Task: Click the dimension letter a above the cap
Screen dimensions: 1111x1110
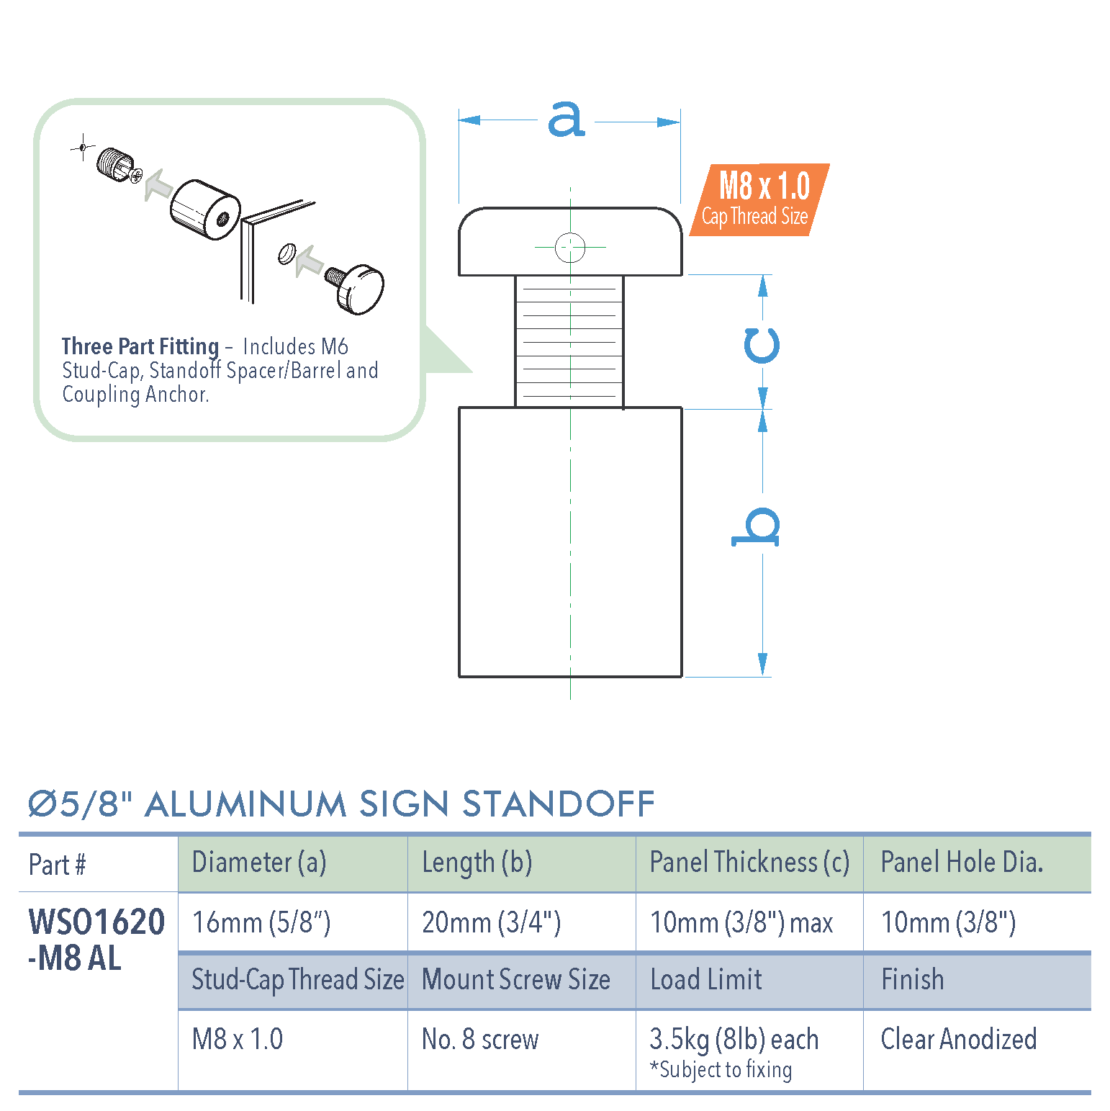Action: point(567,119)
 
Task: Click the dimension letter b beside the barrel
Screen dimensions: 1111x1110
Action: point(757,526)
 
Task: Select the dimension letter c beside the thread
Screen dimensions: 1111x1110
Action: point(762,345)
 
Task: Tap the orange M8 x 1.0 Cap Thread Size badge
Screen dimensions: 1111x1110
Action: point(759,199)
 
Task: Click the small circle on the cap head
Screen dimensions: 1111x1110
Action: point(570,248)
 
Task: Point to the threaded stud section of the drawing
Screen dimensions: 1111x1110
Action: point(569,341)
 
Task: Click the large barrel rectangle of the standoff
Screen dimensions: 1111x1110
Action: point(570,541)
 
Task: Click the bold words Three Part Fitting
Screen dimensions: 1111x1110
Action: point(140,346)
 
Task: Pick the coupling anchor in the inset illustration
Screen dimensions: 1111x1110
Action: point(114,164)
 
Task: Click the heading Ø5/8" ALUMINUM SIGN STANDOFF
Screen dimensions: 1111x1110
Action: point(341,804)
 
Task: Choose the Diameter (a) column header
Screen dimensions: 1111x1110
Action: point(259,863)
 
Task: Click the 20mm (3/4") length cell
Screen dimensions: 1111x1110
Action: point(491,922)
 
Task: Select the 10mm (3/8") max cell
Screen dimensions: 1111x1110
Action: point(741,922)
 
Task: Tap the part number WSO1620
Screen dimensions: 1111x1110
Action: point(96,922)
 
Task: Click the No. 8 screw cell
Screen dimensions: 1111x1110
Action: point(480,1039)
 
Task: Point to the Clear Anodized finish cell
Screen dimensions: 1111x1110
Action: point(959,1039)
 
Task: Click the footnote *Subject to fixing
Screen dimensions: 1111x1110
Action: point(721,1070)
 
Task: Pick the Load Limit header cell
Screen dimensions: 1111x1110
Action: point(706,980)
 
